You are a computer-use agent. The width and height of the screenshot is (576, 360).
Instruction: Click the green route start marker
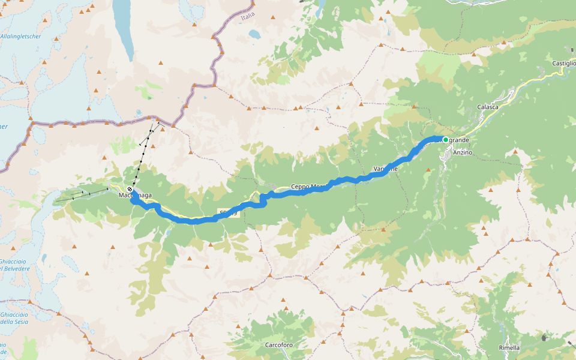[446, 139]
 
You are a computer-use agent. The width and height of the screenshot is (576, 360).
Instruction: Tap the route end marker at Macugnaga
[130, 190]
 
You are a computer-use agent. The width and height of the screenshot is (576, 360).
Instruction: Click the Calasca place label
[487, 107]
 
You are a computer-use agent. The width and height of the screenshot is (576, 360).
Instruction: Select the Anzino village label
[463, 152]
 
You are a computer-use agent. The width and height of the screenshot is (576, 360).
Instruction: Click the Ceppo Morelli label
[308, 187]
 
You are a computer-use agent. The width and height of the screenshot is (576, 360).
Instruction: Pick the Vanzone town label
[385, 169]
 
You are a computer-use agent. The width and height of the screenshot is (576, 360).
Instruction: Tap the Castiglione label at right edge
[564, 64]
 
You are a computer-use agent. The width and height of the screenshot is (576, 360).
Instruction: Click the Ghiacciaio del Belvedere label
[14, 265]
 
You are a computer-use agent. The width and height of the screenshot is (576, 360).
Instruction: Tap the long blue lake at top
[125, 27]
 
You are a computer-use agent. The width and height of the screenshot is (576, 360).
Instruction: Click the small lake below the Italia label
[256, 35]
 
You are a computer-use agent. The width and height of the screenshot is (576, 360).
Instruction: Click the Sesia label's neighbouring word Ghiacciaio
[13, 314]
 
